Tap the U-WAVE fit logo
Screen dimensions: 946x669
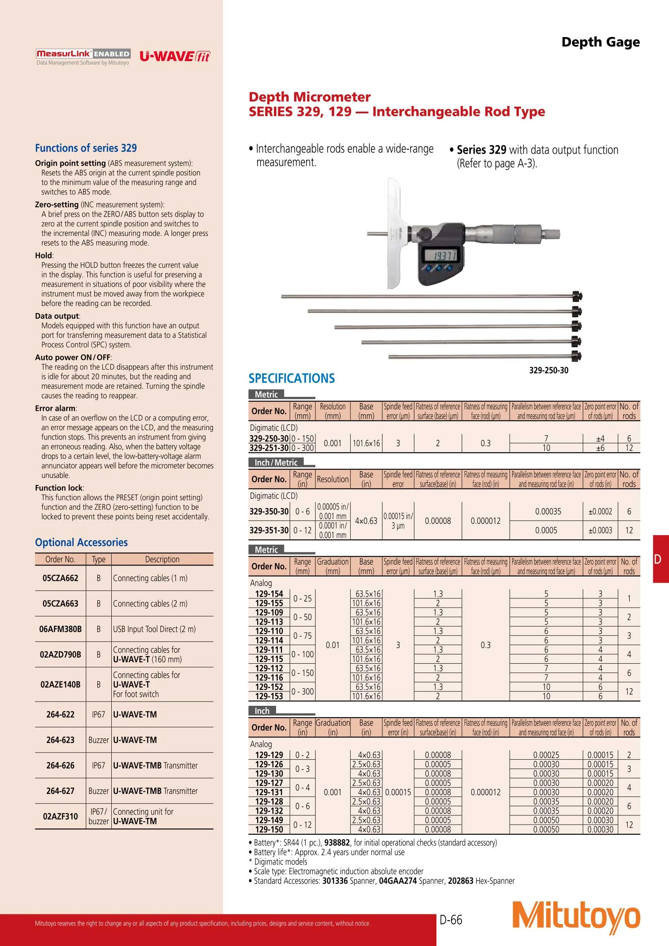click(175, 56)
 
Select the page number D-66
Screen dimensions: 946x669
click(451, 919)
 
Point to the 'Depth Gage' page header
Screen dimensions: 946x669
click(600, 42)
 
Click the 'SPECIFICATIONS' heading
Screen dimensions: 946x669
click(292, 378)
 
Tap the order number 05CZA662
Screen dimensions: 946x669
click(60, 578)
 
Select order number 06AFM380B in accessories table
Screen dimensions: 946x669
click(60, 629)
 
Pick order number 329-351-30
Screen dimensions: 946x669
click(269, 530)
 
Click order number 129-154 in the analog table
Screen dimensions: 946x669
click(269, 594)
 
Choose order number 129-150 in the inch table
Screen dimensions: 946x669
click(269, 829)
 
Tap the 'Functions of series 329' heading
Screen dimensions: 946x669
click(86, 148)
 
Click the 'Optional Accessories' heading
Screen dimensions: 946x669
click(81, 542)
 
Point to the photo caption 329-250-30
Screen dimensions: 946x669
click(548, 370)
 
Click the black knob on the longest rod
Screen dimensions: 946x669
click(577, 296)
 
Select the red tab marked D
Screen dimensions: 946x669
click(661, 559)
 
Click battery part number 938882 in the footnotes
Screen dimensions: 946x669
click(337, 842)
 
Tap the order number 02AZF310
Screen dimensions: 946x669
click(60, 816)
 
